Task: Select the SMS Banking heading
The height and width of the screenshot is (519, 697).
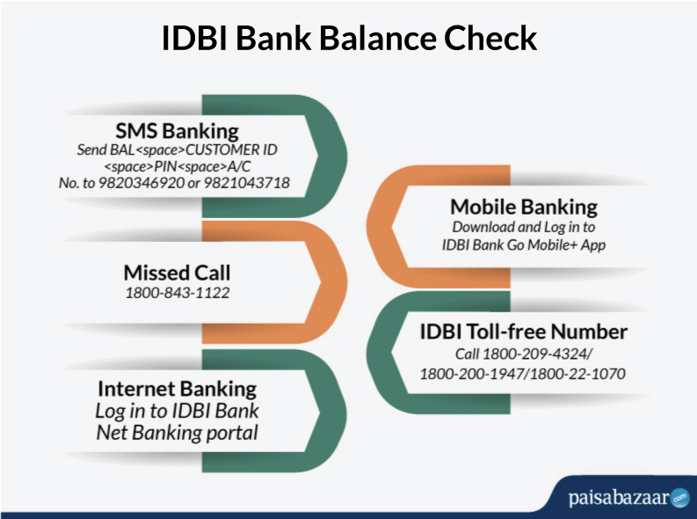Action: pos(177,131)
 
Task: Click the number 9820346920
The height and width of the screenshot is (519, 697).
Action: pos(141,183)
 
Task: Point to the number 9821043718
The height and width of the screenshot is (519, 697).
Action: pos(247,183)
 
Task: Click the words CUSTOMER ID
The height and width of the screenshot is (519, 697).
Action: pos(231,150)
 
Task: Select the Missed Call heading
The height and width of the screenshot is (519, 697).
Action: pos(177,273)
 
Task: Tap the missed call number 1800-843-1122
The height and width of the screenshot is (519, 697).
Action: pos(178,293)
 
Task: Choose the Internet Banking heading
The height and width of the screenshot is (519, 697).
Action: pos(177,389)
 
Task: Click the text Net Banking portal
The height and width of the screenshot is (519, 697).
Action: pos(177,433)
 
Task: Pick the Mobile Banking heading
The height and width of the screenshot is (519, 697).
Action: pos(524,208)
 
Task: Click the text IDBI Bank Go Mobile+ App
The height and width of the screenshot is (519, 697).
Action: pos(524,245)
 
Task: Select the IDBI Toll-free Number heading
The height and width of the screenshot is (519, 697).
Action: pos(524,332)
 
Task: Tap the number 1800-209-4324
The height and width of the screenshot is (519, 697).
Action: pos(535,354)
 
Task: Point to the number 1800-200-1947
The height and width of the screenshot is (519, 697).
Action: pos(472,374)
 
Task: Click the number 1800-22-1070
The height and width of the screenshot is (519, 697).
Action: pos(577,374)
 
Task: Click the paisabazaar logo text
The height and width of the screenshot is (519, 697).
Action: pos(618,498)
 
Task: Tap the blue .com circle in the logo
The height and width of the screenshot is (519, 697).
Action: pos(679,498)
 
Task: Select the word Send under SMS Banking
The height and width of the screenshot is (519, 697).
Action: pos(92,150)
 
